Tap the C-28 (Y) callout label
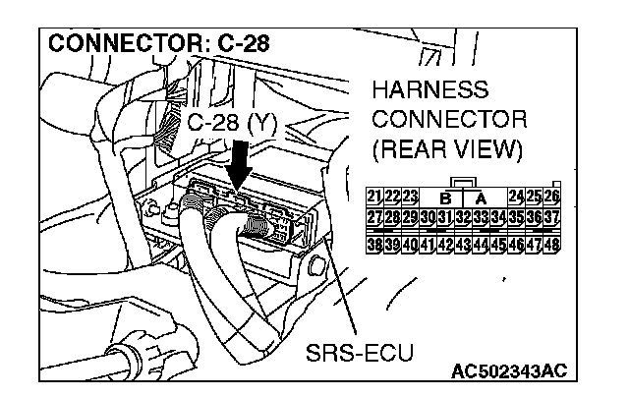[x=230, y=123]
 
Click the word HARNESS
[x=429, y=90]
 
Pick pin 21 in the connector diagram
[x=374, y=196]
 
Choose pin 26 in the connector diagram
[x=550, y=196]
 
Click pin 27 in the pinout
[x=374, y=216]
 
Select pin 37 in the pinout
[x=550, y=216]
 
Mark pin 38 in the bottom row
[x=374, y=243]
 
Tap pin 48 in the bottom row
[x=550, y=243]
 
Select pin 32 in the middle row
[x=463, y=216]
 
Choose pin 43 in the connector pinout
[x=463, y=243]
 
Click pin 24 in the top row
[x=516, y=196]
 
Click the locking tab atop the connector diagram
[x=462, y=182]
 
